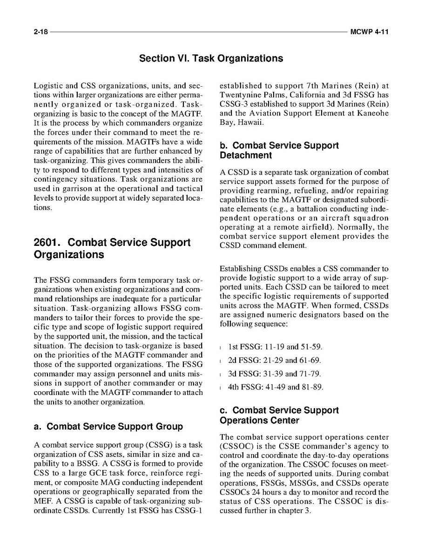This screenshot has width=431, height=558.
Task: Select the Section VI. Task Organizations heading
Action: tap(211, 59)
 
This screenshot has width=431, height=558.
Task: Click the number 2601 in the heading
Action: tap(48, 243)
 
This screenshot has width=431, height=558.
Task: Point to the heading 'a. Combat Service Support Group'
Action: tap(108, 427)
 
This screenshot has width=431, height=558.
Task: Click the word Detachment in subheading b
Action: tap(246, 155)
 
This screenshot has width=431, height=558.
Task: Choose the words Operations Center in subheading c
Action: tap(259, 421)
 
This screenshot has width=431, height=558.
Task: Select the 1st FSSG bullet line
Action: tap(275, 347)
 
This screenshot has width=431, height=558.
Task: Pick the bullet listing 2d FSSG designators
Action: tap(275, 361)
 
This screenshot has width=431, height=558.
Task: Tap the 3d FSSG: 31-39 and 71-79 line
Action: tap(275, 374)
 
